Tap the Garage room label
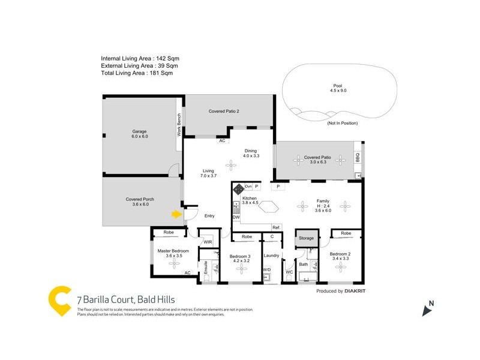coord(140,134)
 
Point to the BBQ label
coord(358,159)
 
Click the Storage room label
coord(306,238)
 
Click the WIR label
coord(208,242)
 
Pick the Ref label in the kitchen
coord(276,227)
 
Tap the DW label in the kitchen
coord(236,217)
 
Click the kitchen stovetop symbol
coord(238,188)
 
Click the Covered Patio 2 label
coord(224,111)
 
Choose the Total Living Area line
coord(137,73)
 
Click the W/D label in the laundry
coord(266,269)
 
